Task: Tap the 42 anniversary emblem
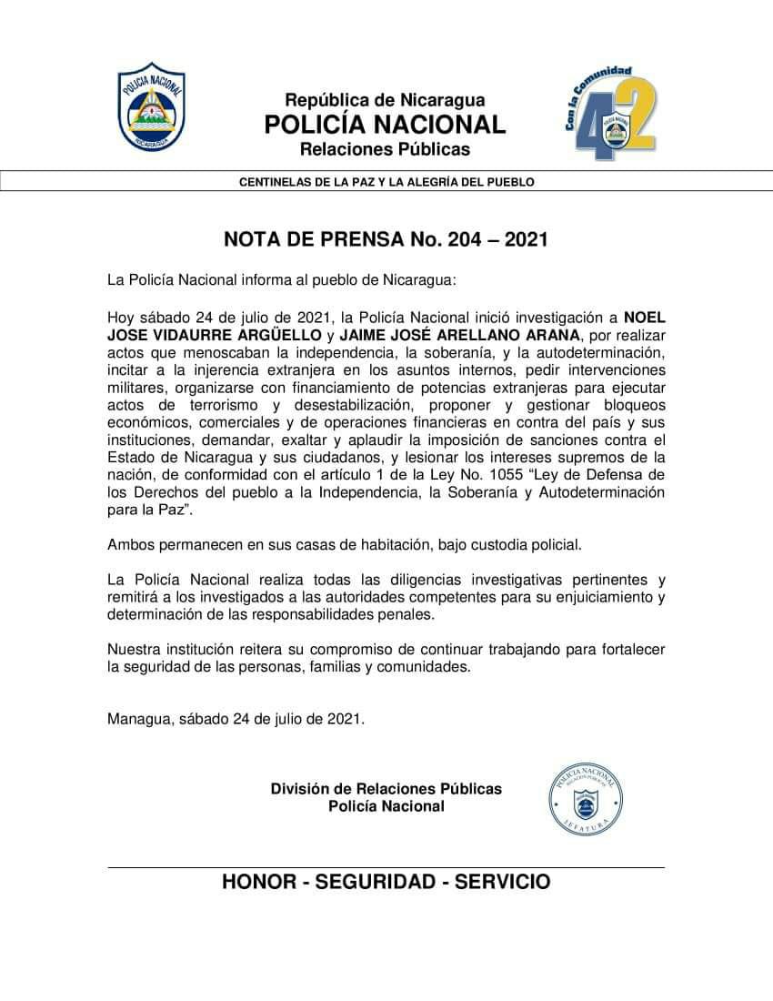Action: pyautogui.click(x=610, y=114)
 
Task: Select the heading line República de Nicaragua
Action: pyautogui.click(x=385, y=100)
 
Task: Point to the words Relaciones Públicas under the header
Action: pyautogui.click(x=385, y=148)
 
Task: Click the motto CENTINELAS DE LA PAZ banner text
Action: pyautogui.click(x=386, y=182)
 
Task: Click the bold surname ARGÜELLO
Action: pyautogui.click(x=278, y=335)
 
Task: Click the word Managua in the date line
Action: pyautogui.click(x=137, y=718)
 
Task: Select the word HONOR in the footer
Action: pyautogui.click(x=259, y=882)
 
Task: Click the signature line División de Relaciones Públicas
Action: pyautogui.click(x=386, y=789)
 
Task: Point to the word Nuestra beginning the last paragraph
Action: pyautogui.click(x=134, y=649)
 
